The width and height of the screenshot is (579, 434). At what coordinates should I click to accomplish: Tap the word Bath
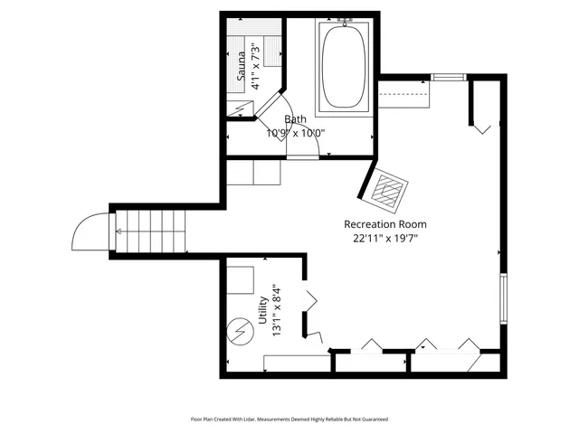(x=295, y=119)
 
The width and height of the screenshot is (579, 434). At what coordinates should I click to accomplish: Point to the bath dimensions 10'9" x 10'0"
(x=295, y=133)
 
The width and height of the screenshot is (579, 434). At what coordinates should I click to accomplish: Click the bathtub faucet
(x=344, y=18)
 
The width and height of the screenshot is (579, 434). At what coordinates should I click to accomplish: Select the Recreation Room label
(x=384, y=224)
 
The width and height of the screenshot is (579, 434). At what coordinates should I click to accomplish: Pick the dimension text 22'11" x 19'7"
(x=384, y=239)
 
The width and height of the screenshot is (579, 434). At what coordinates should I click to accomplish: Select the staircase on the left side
(x=150, y=231)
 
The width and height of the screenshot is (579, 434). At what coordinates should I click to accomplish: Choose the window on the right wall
(x=504, y=297)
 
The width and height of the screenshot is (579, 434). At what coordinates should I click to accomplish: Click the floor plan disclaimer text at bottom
(x=289, y=420)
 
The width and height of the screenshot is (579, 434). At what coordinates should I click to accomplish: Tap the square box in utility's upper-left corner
(x=240, y=280)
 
